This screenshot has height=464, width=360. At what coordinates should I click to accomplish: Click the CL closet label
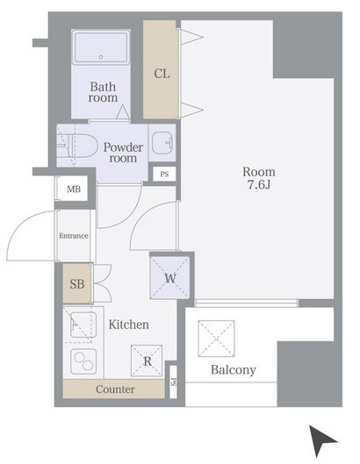click(162, 74)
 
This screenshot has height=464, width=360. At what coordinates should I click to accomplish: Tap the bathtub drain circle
click(101, 57)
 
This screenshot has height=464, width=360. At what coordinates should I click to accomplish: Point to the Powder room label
click(123, 153)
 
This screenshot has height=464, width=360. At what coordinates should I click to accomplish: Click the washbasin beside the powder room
click(162, 143)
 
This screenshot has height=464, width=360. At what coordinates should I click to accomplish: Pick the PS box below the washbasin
click(164, 175)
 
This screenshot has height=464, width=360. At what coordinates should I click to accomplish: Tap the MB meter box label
click(74, 189)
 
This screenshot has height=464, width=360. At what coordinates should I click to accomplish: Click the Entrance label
click(74, 236)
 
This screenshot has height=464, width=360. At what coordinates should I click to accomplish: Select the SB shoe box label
click(77, 284)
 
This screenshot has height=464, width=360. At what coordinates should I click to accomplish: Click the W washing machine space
click(169, 278)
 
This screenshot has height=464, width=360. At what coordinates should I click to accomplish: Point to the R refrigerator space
click(147, 360)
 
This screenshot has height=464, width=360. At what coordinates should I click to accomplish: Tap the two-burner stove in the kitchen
click(83, 361)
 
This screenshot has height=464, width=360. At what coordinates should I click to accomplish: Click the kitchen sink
click(83, 325)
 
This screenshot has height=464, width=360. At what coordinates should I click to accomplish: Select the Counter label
click(115, 389)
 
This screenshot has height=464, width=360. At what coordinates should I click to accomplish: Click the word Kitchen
click(128, 325)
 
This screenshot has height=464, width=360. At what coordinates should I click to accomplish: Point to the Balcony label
click(234, 370)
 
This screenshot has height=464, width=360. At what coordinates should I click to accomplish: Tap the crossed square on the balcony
click(216, 339)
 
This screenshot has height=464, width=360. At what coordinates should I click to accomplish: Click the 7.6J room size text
click(259, 185)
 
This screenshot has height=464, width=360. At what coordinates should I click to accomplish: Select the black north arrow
click(320, 439)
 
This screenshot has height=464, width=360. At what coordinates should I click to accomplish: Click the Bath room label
click(103, 92)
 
